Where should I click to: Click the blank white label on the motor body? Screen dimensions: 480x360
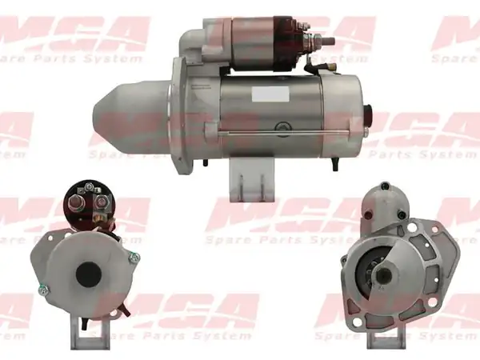[x=270, y=94]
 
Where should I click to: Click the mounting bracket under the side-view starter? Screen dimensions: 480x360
[x=252, y=183]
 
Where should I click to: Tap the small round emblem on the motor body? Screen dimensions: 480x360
[x=282, y=126]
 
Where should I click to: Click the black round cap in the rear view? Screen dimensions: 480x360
[x=89, y=274]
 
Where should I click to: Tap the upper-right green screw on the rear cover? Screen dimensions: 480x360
[x=134, y=257]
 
